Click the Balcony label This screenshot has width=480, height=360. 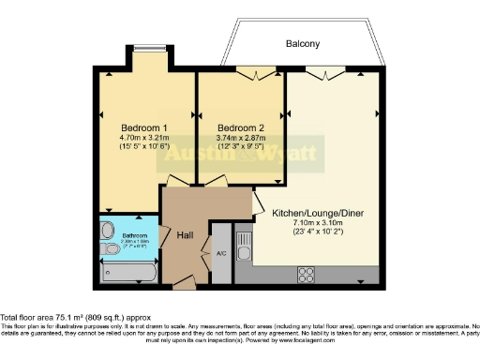pyautogui.click(x=302, y=44)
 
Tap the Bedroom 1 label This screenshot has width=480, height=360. pyautogui.click(x=144, y=127)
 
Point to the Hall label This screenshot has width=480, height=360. pyautogui.click(x=185, y=236)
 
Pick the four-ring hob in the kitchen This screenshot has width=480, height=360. pyautogui.click(x=307, y=274)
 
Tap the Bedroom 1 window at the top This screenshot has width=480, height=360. pyautogui.click(x=144, y=49)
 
